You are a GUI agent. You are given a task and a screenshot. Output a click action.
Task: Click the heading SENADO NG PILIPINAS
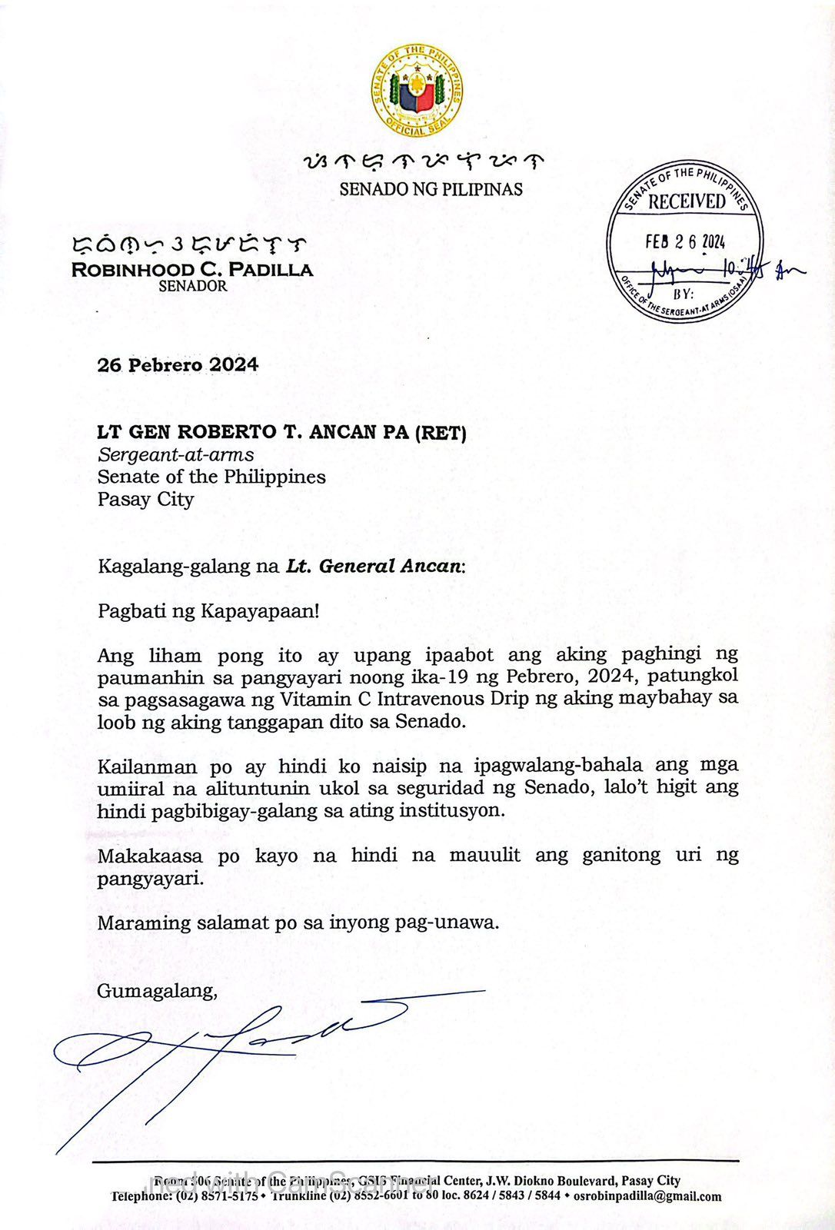(x=431, y=189)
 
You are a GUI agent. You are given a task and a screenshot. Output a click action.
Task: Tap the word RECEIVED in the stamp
(x=686, y=202)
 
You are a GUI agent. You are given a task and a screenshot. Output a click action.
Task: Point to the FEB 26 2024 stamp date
(x=685, y=241)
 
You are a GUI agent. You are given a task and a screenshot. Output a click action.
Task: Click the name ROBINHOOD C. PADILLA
(x=192, y=270)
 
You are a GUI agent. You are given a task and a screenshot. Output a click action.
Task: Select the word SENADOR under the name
(x=192, y=286)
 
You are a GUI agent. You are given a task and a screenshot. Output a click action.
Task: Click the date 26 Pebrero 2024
(x=178, y=365)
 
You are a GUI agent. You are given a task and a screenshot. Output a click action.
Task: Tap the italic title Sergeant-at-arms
(x=175, y=454)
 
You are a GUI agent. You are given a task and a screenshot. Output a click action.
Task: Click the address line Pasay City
(x=145, y=499)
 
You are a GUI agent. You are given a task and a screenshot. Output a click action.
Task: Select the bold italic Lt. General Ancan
(x=374, y=567)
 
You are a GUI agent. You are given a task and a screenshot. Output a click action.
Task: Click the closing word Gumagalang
(x=156, y=991)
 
